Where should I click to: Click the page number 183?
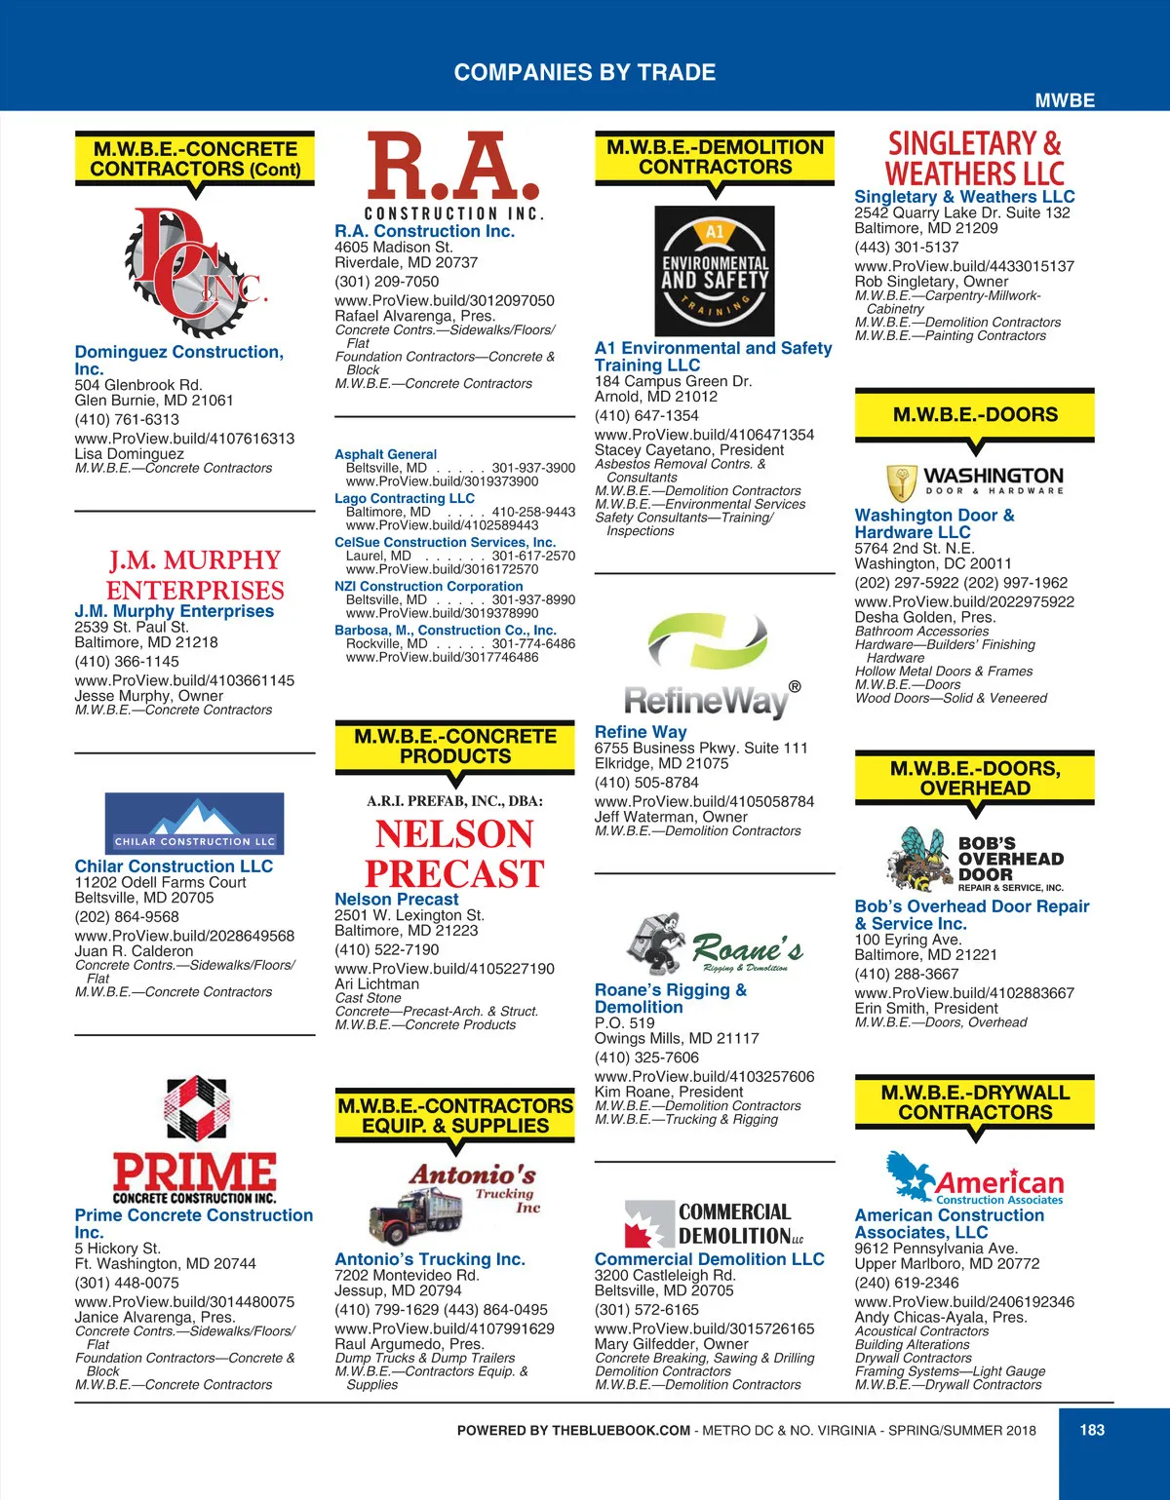pos(1092,1430)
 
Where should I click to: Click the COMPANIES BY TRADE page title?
pos(585,72)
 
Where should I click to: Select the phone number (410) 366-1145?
pos(127,661)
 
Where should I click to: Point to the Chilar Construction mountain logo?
pos(194,823)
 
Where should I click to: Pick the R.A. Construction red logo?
pos(453,175)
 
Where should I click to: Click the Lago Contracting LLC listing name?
pos(405,498)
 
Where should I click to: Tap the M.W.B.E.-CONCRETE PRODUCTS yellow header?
pos(455,747)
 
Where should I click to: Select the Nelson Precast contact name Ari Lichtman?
pos(376,984)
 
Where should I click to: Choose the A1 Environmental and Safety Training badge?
pos(715,272)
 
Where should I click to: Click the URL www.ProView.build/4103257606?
pos(704,1076)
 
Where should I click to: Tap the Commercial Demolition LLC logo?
pos(714,1224)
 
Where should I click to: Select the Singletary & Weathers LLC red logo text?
pos(974,159)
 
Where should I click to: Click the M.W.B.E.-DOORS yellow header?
pos(975,414)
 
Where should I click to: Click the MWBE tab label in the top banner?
pos(1065,100)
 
